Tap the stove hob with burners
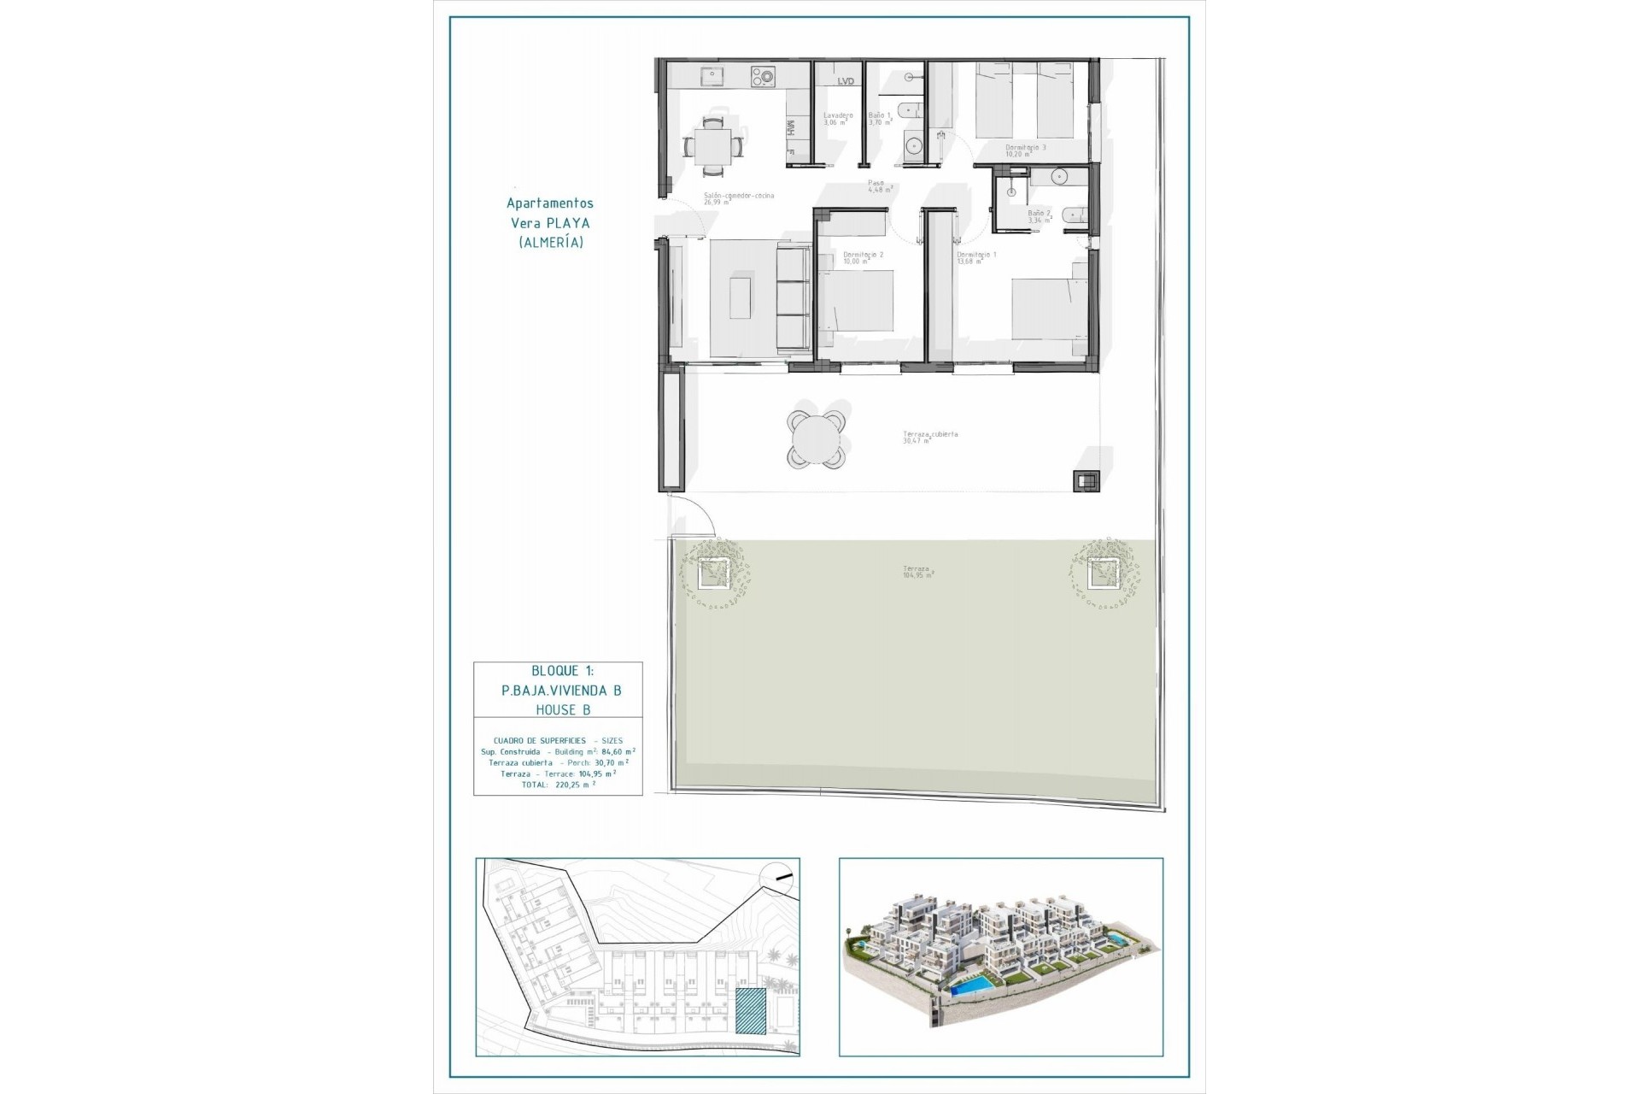click(762, 78)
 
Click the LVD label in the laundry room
click(846, 81)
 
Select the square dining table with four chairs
click(712, 144)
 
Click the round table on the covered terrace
click(817, 440)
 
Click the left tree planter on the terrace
click(712, 573)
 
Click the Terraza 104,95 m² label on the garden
click(917, 571)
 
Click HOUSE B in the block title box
click(562, 709)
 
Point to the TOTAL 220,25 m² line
click(558, 784)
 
